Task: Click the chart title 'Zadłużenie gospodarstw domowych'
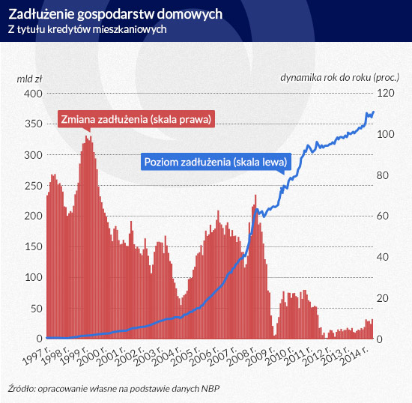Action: click(115, 14)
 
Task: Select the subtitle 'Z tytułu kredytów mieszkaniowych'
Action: click(87, 29)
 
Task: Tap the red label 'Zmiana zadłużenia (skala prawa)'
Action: click(136, 119)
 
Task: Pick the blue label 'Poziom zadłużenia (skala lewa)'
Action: click(216, 162)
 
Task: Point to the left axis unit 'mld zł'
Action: click(29, 79)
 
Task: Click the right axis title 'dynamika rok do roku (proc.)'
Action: click(340, 77)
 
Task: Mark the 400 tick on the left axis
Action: click(33, 94)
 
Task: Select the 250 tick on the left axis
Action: click(34, 186)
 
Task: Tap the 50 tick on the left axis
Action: click(37, 309)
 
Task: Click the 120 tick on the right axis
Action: click(386, 93)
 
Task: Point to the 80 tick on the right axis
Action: click(383, 175)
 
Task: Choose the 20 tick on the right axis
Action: click(383, 298)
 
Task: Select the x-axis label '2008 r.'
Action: click(241, 356)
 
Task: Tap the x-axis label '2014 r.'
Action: click(354, 356)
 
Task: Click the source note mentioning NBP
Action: click(114, 389)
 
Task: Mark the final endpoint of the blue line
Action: click(373, 112)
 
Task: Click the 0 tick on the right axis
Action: click(380, 339)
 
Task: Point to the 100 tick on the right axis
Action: click(386, 134)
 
